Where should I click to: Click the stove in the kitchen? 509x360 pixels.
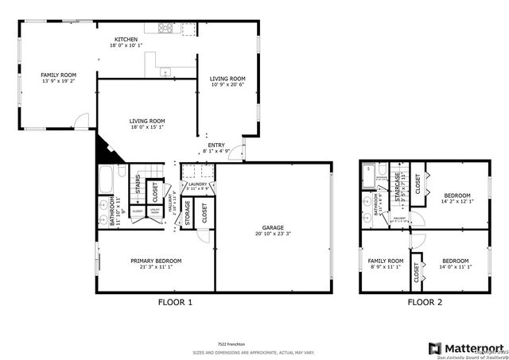tap(167, 29)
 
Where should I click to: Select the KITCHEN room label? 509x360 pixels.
tap(126, 39)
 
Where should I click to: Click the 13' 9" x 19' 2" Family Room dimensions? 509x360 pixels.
tap(58, 81)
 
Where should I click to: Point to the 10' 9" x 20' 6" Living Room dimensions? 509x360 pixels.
tap(227, 85)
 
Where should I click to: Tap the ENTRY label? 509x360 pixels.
tap(216, 145)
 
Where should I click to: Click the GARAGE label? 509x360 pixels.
tap(273, 227)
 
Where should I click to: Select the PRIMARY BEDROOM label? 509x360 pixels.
tap(157, 261)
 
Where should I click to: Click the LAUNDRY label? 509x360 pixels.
tap(199, 184)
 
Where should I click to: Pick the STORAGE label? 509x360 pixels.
tap(188, 213)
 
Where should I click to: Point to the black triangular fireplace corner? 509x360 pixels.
tap(104, 149)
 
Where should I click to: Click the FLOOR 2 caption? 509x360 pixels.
tap(426, 303)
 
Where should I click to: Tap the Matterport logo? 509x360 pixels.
tap(466, 348)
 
